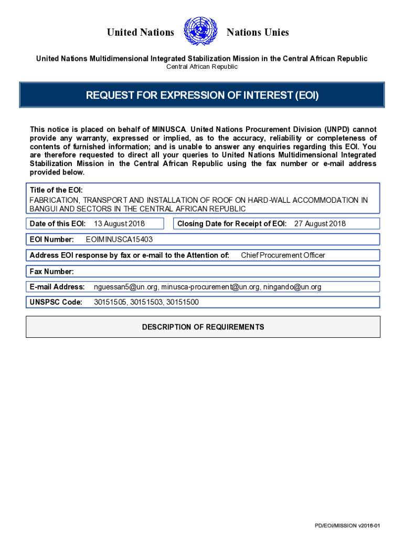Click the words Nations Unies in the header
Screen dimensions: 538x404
click(258, 33)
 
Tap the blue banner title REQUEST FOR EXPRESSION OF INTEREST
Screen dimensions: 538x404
click(202, 95)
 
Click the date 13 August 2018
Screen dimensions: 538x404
click(119, 224)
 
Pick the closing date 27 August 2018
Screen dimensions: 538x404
click(320, 224)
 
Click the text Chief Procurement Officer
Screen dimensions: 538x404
click(283, 255)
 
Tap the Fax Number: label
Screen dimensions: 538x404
click(52, 272)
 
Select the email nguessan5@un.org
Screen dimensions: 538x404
click(125, 287)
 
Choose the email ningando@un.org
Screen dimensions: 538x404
click(292, 287)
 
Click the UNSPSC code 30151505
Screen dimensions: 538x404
click(110, 302)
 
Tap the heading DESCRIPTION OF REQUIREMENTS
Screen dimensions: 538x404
click(203, 327)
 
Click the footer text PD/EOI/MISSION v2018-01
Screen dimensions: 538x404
click(347, 526)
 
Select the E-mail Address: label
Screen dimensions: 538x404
click(57, 287)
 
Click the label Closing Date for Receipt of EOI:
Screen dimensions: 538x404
click(232, 224)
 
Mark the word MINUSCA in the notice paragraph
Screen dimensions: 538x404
click(169, 129)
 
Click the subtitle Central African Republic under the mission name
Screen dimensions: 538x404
click(202, 67)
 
